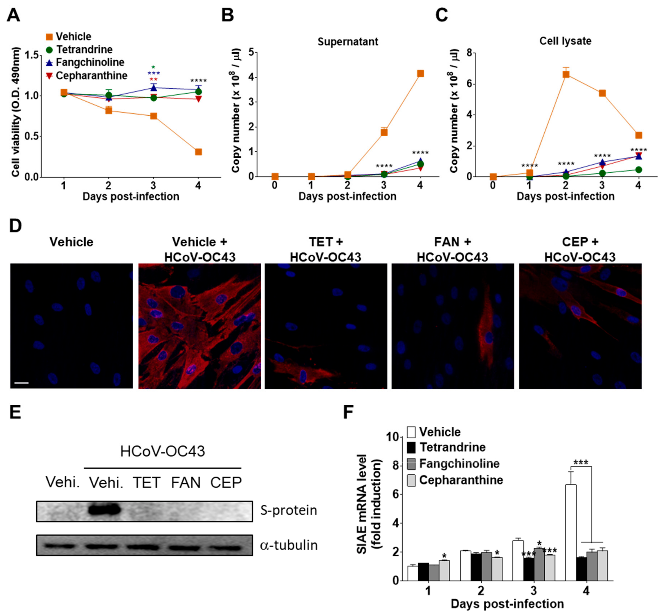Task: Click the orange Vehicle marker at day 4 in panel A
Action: pos(198,152)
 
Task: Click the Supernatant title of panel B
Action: pos(348,42)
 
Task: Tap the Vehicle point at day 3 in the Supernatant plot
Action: pos(384,132)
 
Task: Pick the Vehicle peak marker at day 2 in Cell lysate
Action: pos(565,74)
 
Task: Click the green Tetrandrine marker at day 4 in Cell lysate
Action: pos(638,170)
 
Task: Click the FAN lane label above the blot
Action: pos(186,482)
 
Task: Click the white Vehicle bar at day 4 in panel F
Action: pos(571,532)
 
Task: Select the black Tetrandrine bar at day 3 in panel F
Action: pos(529,569)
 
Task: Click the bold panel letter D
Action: pos(15,226)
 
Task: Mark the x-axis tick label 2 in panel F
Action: pos(481,591)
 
